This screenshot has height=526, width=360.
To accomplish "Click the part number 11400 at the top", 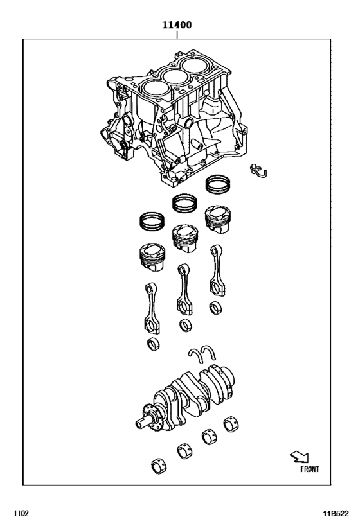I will (x=176, y=26).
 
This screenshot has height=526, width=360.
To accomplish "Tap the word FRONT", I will (x=309, y=469).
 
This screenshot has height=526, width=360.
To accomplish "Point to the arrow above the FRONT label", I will (x=299, y=457).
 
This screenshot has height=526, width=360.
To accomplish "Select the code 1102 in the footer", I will (x=20, y=514).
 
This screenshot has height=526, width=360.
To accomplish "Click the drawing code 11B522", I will (x=336, y=514).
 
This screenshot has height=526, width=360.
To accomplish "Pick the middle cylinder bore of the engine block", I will (x=175, y=76).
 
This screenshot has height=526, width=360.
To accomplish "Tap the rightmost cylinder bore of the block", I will (x=197, y=66).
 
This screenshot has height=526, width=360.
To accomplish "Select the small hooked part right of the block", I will (x=260, y=171).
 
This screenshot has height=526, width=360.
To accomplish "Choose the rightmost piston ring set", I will (x=218, y=185).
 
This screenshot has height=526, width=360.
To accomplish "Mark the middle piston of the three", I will (x=184, y=238).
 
